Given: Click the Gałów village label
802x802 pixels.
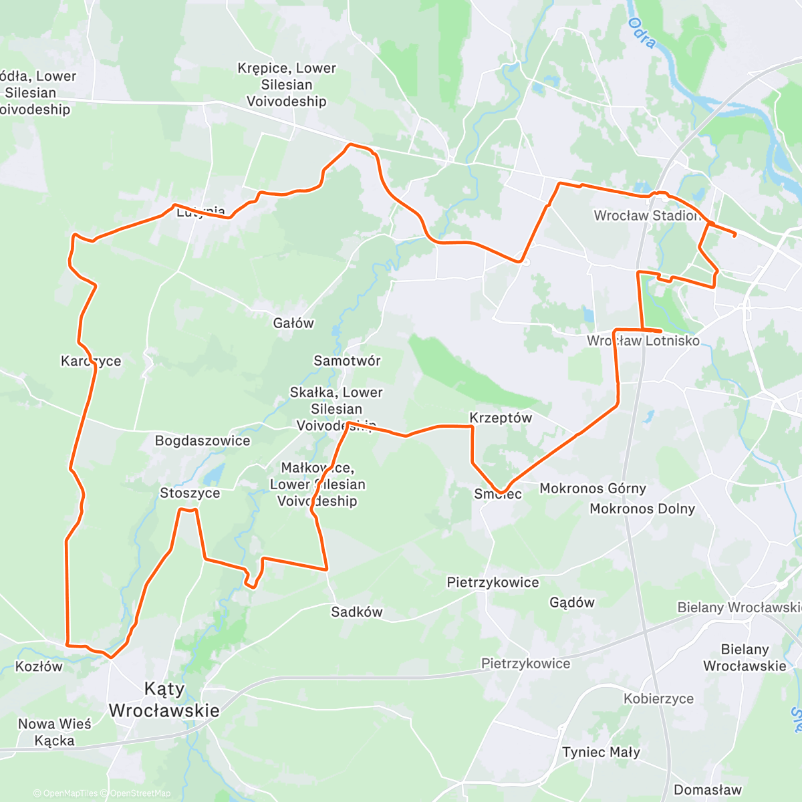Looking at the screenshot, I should [293, 323].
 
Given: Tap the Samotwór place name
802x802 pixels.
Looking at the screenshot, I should [347, 361].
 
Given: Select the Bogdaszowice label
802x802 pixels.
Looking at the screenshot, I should [203, 441].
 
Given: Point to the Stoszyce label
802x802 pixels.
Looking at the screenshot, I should [190, 493].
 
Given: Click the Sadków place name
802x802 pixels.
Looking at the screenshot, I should [357, 612].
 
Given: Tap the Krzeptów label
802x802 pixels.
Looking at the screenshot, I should [501, 418].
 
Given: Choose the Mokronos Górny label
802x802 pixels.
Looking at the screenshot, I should [593, 489].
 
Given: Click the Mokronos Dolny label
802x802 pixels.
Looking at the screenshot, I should [642, 509].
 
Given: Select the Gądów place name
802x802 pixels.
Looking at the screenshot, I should [571, 603].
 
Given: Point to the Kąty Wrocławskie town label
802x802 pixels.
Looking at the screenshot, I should [164, 700].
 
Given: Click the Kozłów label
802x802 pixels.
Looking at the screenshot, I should [39, 666].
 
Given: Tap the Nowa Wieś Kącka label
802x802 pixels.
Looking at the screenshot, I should [55, 732].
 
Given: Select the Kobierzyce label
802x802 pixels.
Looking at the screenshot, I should [658, 699].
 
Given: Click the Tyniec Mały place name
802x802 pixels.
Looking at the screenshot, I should [601, 753].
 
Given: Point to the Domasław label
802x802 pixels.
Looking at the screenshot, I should [707, 790].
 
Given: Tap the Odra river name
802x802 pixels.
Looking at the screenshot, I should [642, 33].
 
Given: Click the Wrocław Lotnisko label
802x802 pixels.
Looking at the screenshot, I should [643, 341].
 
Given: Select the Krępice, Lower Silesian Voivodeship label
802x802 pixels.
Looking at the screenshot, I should [287, 85].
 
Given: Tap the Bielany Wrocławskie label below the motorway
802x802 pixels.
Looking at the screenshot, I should [745, 658].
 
